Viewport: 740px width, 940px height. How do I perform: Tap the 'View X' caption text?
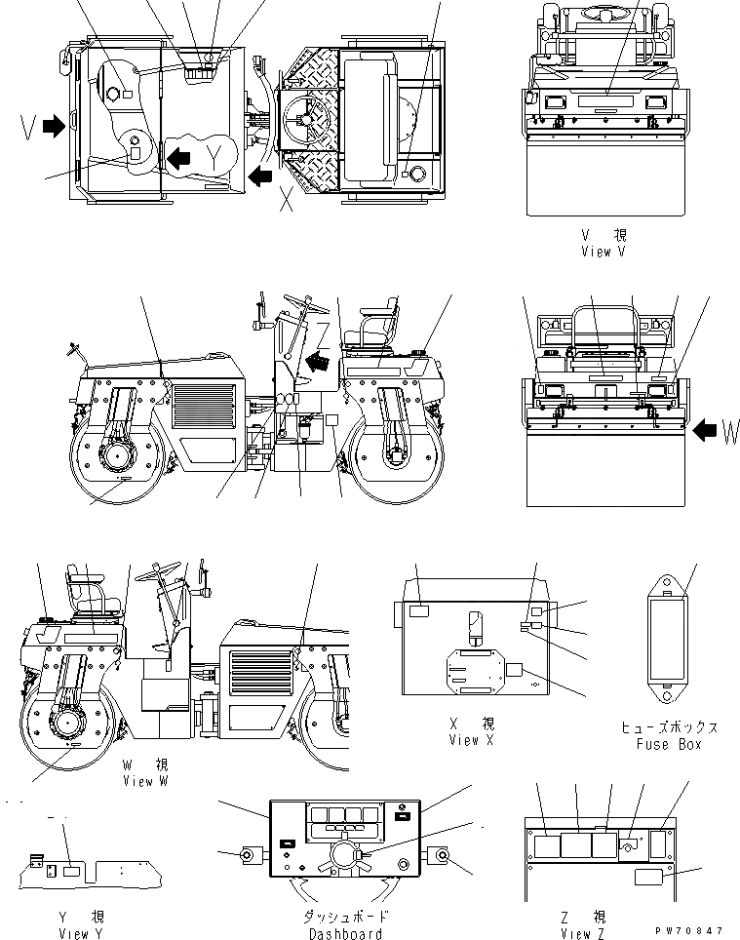coord(471,741)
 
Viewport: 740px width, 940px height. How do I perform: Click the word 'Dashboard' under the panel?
coord(346,934)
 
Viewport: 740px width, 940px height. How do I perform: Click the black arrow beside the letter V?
coord(55,125)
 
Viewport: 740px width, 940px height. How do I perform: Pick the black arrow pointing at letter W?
coord(704,431)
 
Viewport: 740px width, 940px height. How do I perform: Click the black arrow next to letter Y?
coord(178,156)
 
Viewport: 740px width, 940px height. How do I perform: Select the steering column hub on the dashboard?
coord(347,855)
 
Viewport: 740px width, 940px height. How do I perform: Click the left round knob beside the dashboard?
coord(249,855)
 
